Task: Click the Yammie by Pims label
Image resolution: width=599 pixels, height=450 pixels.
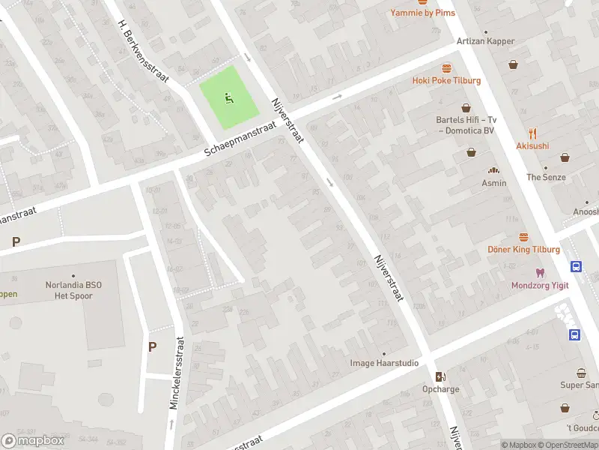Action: click(x=422, y=13)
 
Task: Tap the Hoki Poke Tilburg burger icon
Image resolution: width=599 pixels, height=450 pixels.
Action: click(x=447, y=67)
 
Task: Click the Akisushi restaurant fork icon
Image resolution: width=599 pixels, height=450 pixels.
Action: click(x=532, y=133)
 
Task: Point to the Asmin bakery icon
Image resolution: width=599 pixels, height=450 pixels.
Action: click(x=493, y=170)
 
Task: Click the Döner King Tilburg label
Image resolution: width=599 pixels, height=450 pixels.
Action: click(x=523, y=249)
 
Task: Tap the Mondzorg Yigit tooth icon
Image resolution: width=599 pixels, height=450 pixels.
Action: click(x=539, y=273)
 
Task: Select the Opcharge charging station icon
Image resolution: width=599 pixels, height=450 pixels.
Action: click(x=440, y=376)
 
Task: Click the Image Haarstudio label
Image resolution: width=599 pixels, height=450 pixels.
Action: click(x=384, y=363)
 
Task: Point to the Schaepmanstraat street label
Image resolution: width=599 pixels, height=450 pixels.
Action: click(x=241, y=142)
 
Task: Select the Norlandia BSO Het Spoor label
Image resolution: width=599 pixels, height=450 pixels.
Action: click(x=73, y=289)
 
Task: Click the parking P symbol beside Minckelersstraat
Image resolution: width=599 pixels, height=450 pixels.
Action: click(x=153, y=346)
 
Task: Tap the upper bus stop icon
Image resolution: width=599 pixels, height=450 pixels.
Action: click(x=577, y=266)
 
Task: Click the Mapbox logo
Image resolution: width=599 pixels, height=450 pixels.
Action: click(x=34, y=441)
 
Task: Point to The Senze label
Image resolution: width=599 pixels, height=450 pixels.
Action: click(x=546, y=177)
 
